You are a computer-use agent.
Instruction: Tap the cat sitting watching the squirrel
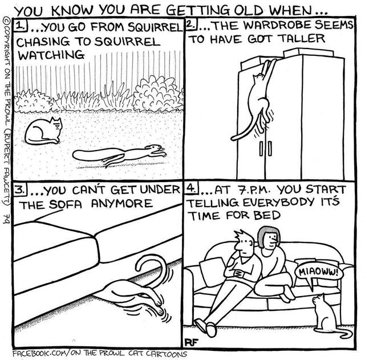coord(43,131)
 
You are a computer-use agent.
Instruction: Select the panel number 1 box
coord(21,26)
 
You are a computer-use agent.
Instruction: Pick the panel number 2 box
coord(192,24)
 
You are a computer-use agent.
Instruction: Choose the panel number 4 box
coord(192,188)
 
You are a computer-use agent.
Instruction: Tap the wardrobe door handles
coord(265,148)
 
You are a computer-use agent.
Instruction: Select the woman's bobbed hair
coord(269,236)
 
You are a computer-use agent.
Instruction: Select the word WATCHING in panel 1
coord(51,55)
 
